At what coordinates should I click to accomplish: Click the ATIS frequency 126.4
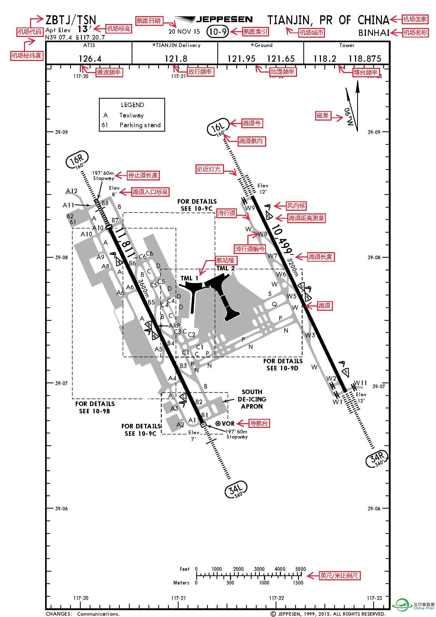(90, 59)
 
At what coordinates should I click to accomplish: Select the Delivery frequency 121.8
(176, 59)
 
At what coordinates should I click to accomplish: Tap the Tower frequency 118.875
(365, 59)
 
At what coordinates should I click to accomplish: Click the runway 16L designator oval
(218, 127)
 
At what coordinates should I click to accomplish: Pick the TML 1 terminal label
(189, 278)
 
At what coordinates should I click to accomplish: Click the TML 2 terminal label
(226, 268)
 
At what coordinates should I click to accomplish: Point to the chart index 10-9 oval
(218, 32)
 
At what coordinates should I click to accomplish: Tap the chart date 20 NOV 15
(184, 32)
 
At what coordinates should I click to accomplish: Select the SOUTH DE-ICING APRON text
(252, 399)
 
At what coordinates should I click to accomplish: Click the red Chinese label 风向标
(296, 206)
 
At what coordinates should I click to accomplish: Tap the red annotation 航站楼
(227, 260)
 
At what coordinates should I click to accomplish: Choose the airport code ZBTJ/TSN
(71, 20)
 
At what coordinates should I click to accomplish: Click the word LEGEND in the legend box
(132, 105)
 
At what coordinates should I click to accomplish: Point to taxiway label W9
(250, 208)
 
